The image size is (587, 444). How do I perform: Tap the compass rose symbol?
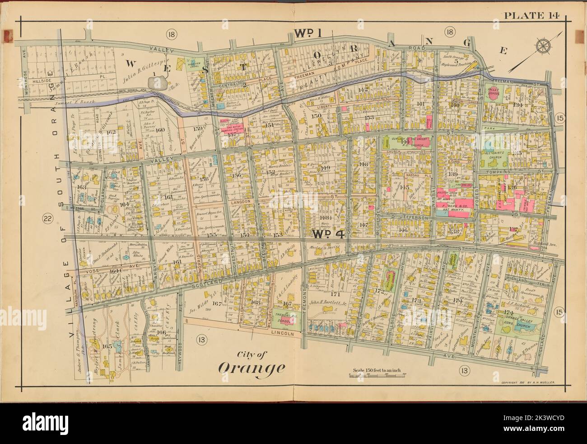pyautogui.click(x=543, y=46)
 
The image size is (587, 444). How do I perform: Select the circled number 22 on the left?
pyautogui.click(x=47, y=220)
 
